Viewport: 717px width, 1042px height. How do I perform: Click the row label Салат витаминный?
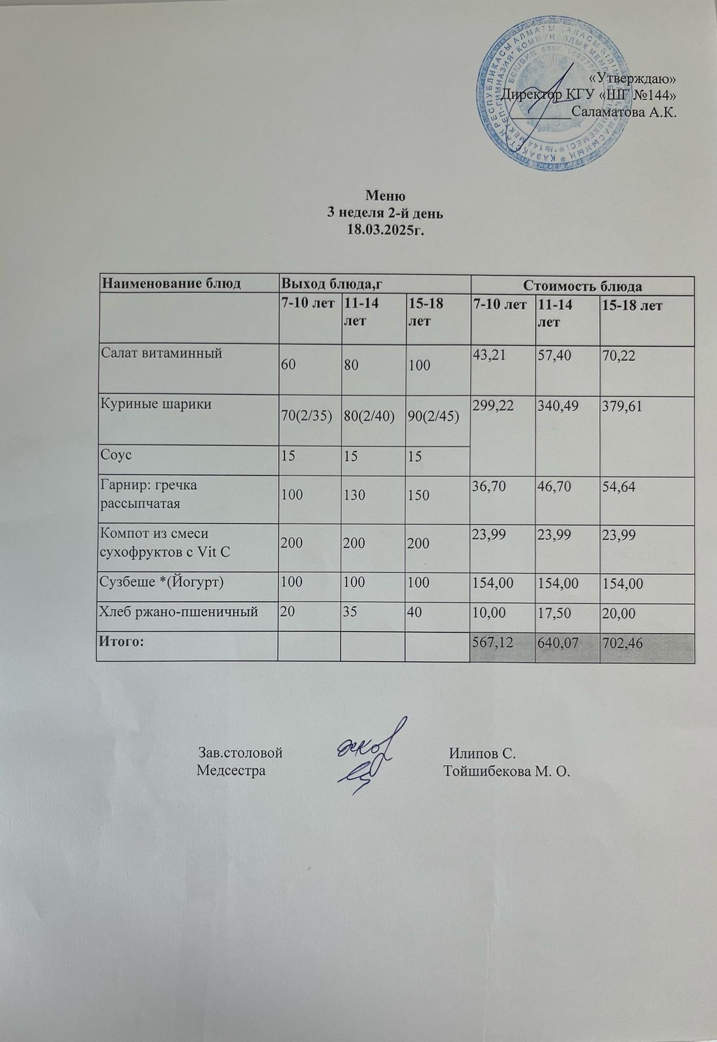click(162, 354)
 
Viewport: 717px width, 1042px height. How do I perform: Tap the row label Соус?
click(115, 454)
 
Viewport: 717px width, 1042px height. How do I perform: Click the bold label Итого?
click(120, 641)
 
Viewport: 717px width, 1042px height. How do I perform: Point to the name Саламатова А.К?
click(624, 112)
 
